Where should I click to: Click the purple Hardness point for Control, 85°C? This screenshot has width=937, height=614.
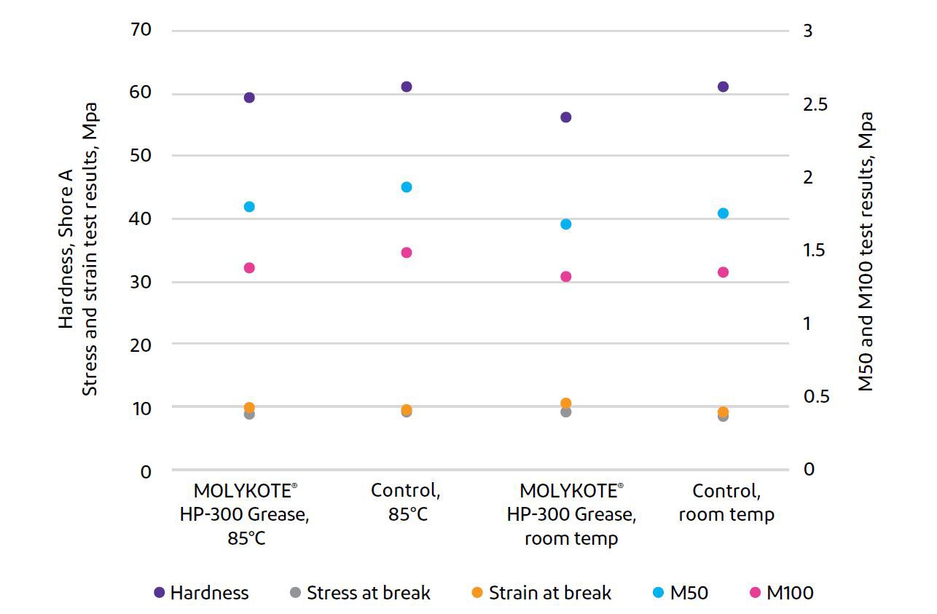(x=407, y=87)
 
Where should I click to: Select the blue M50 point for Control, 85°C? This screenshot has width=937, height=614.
(x=407, y=187)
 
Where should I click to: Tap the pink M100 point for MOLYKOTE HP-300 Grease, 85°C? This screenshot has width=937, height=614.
(x=249, y=268)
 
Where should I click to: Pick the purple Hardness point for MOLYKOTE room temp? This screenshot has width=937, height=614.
(x=565, y=117)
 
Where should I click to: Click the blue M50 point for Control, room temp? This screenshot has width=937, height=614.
(x=723, y=213)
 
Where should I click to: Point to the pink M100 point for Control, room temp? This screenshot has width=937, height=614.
(x=723, y=272)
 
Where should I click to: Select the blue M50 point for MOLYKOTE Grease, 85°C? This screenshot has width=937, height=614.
(x=249, y=207)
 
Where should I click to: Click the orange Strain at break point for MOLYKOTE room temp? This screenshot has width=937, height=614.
(x=565, y=404)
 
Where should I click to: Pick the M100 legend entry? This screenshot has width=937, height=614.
(x=780, y=593)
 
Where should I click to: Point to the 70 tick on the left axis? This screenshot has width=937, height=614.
(x=141, y=30)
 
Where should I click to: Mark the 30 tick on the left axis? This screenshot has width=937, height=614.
(x=141, y=282)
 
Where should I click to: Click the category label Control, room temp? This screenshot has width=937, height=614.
(x=726, y=502)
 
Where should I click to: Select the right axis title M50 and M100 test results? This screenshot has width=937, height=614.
(x=866, y=251)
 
